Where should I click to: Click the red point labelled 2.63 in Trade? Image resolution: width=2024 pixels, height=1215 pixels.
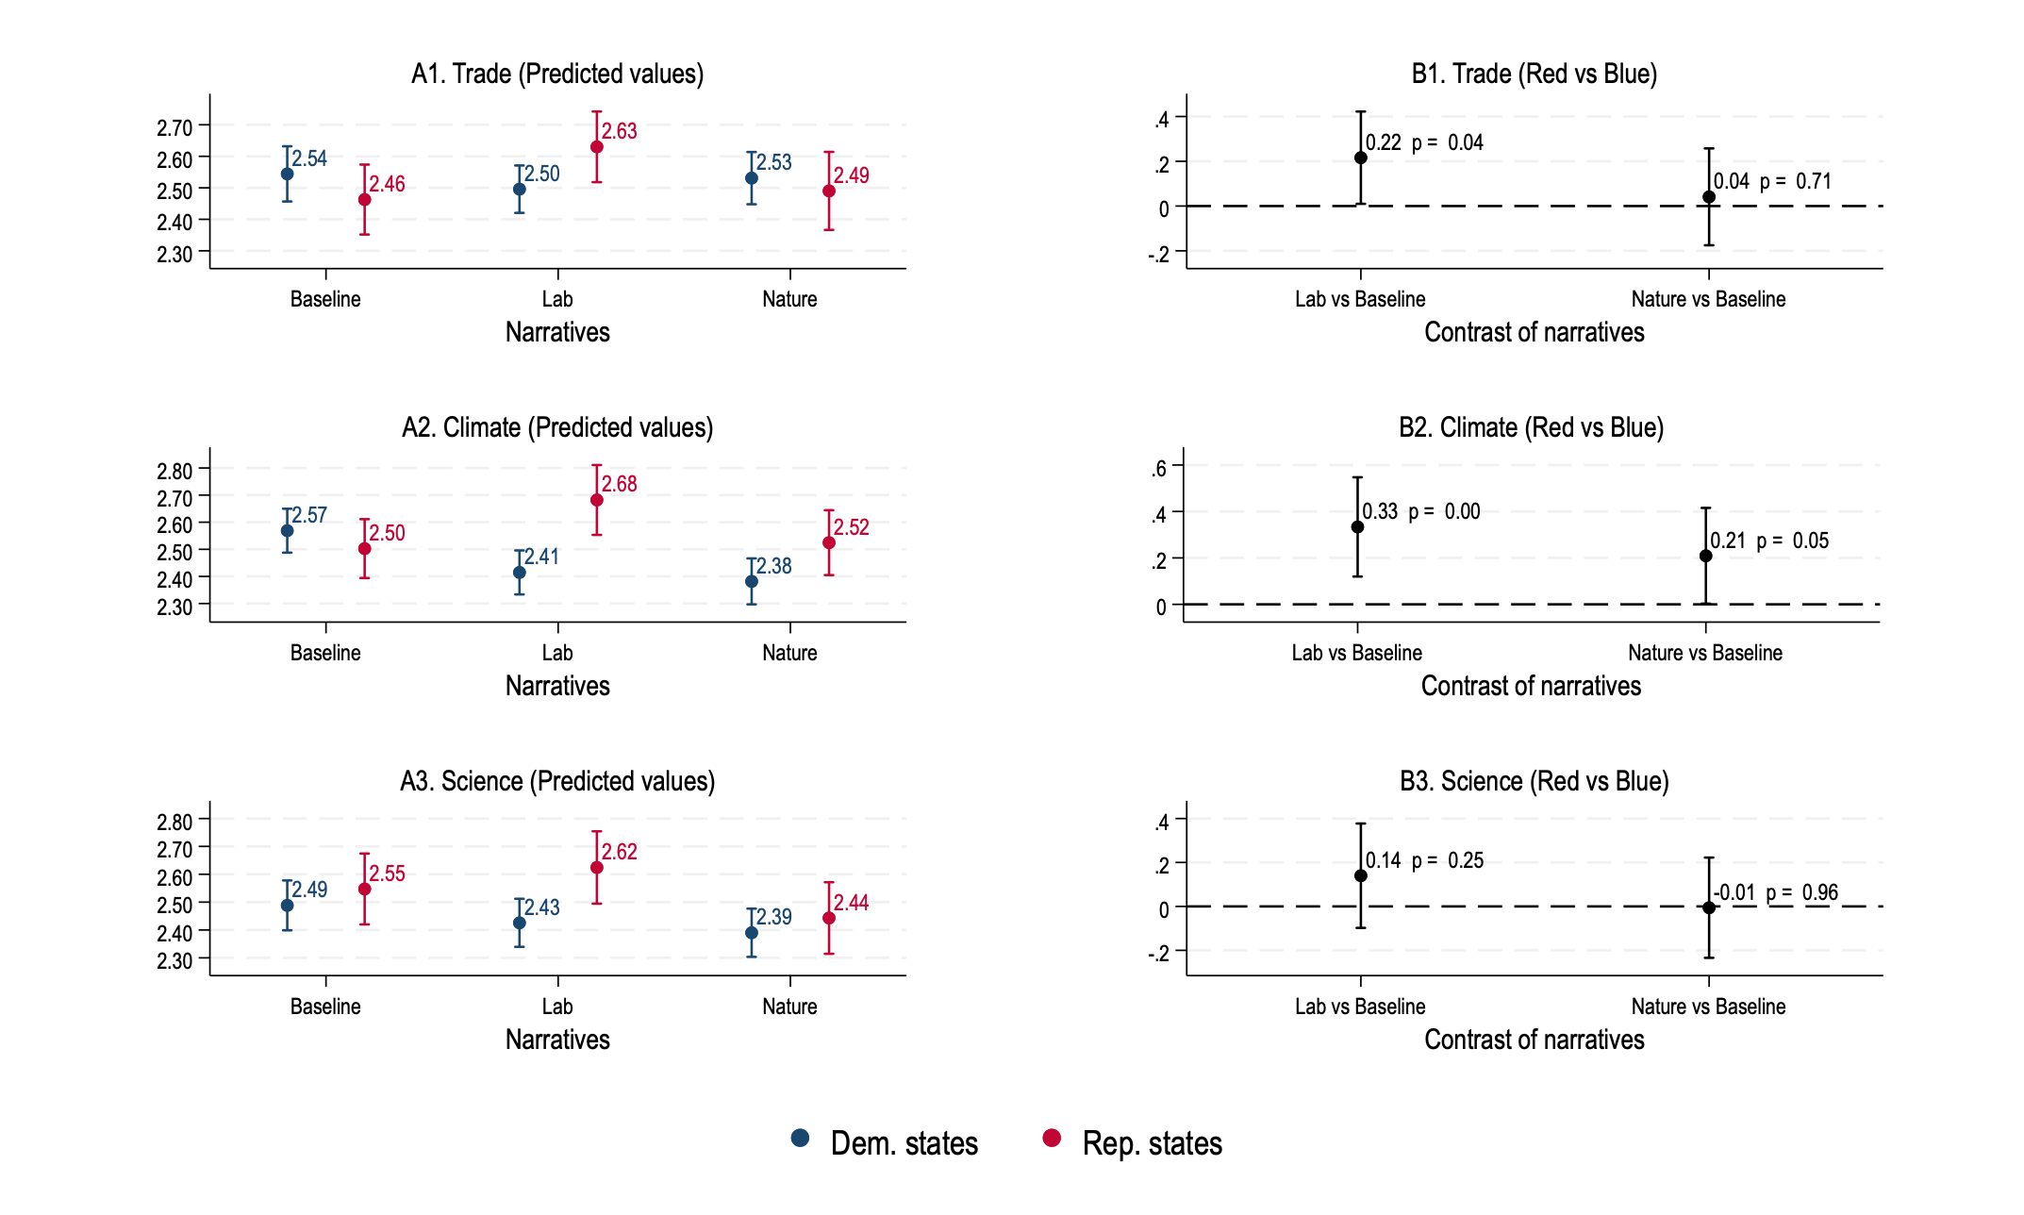pyautogui.click(x=596, y=147)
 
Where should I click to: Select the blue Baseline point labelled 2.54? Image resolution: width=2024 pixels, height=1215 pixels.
pyautogui.click(x=287, y=175)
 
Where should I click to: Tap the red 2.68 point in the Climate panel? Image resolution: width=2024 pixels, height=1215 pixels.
pyautogui.click(x=596, y=500)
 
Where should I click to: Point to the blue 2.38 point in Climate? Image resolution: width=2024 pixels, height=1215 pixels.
pyautogui.click(x=751, y=582)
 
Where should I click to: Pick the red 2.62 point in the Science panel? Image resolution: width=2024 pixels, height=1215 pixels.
pyautogui.click(x=596, y=868)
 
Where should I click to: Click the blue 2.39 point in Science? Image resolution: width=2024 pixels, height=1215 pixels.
pyautogui.click(x=751, y=933)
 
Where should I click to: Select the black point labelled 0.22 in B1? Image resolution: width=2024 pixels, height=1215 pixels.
pyautogui.click(x=1360, y=158)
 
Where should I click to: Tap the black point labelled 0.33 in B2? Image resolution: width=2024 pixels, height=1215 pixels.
pyautogui.click(x=1357, y=527)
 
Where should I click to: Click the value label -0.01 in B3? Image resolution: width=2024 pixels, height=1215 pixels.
pyautogui.click(x=1734, y=892)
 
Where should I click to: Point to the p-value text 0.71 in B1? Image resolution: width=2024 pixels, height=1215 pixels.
pyautogui.click(x=1813, y=181)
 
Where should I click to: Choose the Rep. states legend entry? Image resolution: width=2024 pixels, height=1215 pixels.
pyautogui.click(x=1133, y=1142)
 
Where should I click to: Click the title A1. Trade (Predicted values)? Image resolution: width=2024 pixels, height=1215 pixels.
pyautogui.click(x=557, y=74)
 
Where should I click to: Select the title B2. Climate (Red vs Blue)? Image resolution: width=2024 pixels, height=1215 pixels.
pyautogui.click(x=1531, y=427)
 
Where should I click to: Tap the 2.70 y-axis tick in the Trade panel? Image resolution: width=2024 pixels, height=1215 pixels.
pyautogui.click(x=174, y=127)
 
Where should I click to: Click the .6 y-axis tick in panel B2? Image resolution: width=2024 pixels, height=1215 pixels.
pyautogui.click(x=1159, y=468)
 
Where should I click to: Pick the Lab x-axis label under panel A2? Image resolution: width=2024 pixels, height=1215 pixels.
pyautogui.click(x=557, y=653)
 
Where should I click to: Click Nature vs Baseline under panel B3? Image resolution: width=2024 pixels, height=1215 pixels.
pyautogui.click(x=1708, y=1007)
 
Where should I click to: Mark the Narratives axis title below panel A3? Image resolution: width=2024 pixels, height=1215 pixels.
pyautogui.click(x=557, y=1040)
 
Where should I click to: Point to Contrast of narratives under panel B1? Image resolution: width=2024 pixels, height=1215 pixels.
pyautogui.click(x=1534, y=332)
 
